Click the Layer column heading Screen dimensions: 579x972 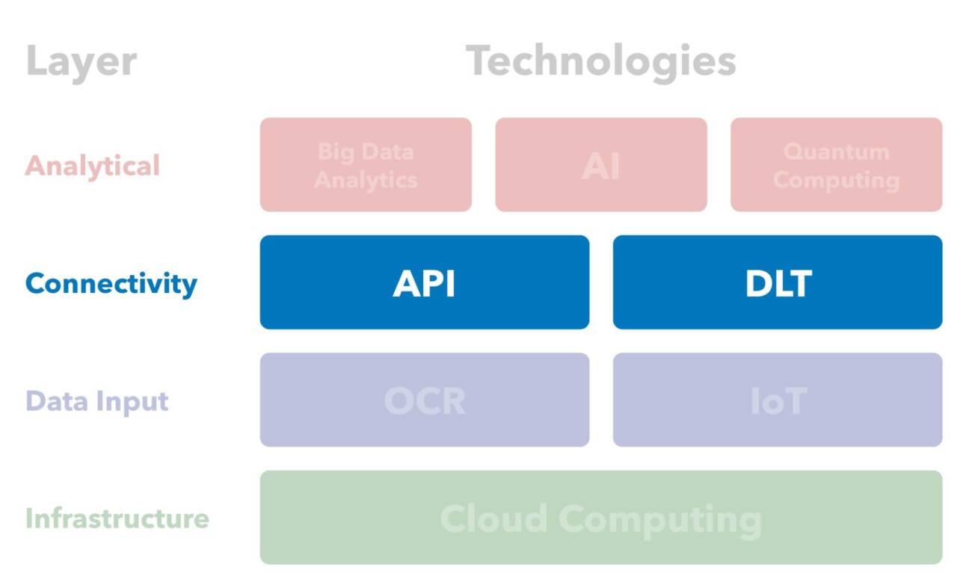click(81, 61)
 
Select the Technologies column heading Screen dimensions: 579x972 click(600, 61)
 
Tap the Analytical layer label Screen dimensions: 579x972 click(93, 165)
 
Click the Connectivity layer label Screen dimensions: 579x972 click(111, 283)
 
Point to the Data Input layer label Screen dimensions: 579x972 click(97, 401)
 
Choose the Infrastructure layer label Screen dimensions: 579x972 click(117, 518)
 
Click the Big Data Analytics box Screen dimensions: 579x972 click(366, 164)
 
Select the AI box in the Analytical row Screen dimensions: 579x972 click(601, 164)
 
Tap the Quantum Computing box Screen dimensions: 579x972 click(836, 164)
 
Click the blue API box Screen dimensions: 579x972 click(424, 282)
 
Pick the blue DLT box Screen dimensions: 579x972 click(778, 282)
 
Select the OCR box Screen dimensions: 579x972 click(424, 400)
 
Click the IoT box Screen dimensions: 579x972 click(778, 400)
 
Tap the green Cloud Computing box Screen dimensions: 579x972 click(600, 518)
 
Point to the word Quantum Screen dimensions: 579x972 click(836, 152)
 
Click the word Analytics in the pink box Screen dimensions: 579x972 click(366, 180)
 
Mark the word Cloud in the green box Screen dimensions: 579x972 click(493, 518)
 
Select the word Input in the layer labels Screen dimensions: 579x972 click(135, 402)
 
